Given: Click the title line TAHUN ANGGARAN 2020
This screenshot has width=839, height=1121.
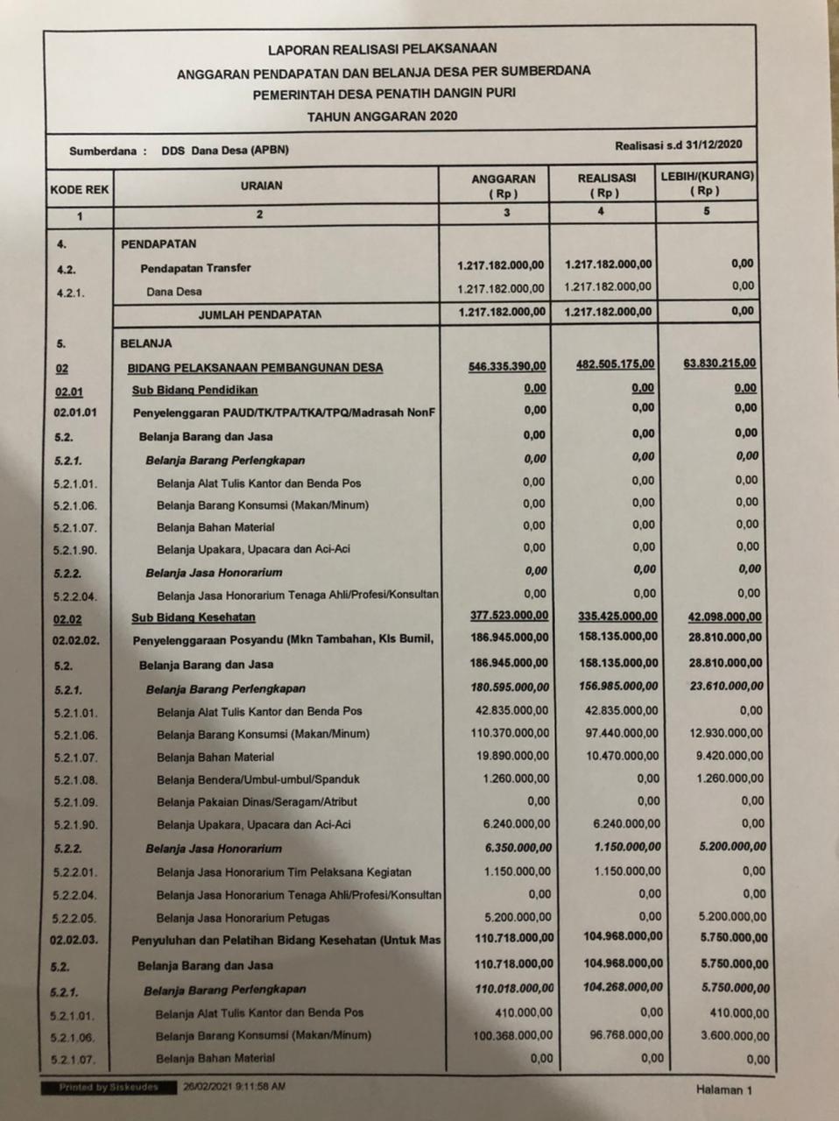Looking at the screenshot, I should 382,116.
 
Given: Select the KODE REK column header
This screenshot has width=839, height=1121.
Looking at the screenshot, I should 80,189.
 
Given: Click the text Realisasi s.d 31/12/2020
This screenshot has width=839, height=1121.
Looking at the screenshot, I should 679,145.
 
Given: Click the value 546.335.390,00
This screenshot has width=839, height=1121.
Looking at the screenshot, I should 507,366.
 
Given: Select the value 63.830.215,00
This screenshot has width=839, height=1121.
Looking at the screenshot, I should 720,363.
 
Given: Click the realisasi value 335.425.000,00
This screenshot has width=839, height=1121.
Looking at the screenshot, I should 617,616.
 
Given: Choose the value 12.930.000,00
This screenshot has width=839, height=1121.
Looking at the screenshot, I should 726,733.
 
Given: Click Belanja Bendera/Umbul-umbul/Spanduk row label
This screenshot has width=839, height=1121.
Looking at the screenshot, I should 257,779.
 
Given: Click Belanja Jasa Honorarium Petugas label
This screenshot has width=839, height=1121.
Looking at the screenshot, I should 243,918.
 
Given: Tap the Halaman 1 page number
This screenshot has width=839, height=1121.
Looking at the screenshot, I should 723,1089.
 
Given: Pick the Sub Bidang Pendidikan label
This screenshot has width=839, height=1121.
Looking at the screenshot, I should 194,390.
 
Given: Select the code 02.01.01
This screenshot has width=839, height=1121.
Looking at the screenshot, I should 75,412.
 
